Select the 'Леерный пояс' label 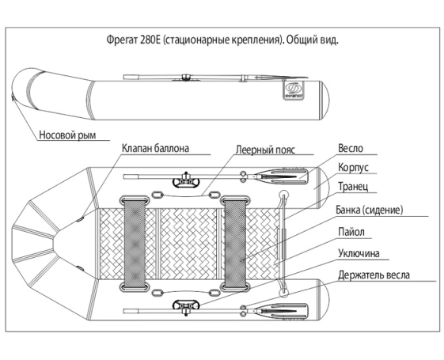[264, 148]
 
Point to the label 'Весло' [350, 148]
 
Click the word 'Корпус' [353, 168]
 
